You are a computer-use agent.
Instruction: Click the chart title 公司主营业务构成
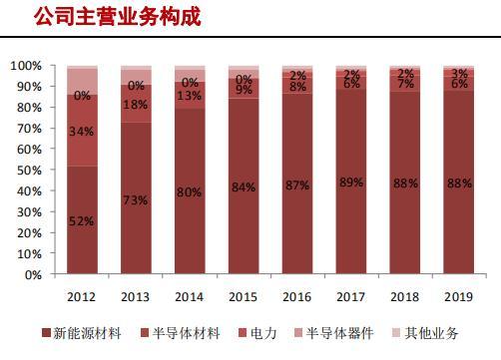pyautogui.click(x=118, y=17)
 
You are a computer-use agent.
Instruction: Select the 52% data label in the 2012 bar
pyautogui.click(x=82, y=221)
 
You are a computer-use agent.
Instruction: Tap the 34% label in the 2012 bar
pyautogui.click(x=82, y=132)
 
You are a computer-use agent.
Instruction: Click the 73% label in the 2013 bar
pyautogui.click(x=136, y=200)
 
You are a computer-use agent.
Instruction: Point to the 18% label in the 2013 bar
pyautogui.click(x=136, y=105)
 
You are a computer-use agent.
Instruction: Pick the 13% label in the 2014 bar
pyautogui.click(x=189, y=96)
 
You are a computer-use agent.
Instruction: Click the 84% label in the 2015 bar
pyautogui.click(x=244, y=187)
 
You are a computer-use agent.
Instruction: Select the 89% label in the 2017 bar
pyautogui.click(x=351, y=182)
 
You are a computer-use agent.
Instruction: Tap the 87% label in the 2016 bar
pyautogui.click(x=297, y=185)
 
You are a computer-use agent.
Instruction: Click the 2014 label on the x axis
pyautogui.click(x=189, y=297)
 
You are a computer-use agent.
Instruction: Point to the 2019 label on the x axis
pyautogui.click(x=458, y=297)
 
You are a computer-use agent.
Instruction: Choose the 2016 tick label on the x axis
pyautogui.click(x=296, y=297)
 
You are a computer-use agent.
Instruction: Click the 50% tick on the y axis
pyautogui.click(x=30, y=171)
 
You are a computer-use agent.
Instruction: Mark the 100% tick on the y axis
pyautogui.click(x=26, y=66)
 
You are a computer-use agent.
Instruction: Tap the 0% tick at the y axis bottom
pyautogui.click(x=33, y=275)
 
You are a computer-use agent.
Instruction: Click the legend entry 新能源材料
pyautogui.click(x=82, y=333)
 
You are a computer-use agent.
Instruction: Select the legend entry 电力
pyautogui.click(x=258, y=333)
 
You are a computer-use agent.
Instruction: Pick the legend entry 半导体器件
pyautogui.click(x=334, y=333)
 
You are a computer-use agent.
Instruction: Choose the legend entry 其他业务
pyautogui.click(x=426, y=333)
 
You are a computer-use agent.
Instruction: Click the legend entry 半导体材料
pyautogui.click(x=181, y=333)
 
